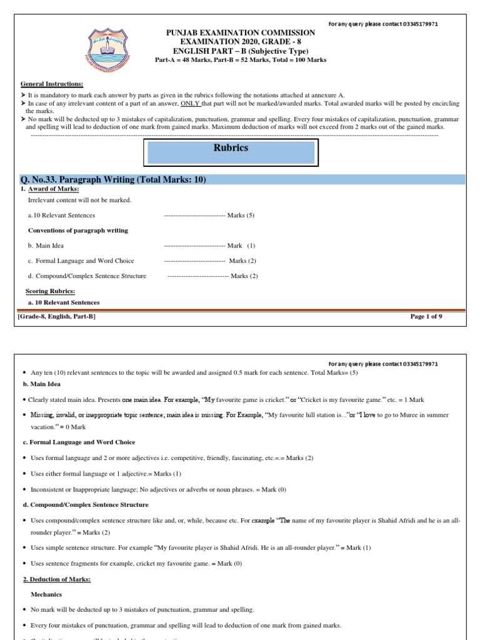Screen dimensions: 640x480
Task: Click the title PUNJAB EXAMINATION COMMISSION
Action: tap(240, 32)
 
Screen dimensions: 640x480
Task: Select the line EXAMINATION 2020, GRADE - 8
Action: tap(240, 41)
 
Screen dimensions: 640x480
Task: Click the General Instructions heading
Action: tap(52, 84)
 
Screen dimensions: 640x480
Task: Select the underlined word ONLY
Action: tap(189, 103)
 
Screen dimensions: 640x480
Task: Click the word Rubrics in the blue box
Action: tap(231, 148)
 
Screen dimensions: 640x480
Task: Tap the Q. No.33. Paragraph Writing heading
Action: tap(113, 180)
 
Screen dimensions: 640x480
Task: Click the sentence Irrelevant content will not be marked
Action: tap(80, 200)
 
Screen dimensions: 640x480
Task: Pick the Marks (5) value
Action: tap(241, 215)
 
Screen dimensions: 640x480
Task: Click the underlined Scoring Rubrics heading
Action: tap(50, 291)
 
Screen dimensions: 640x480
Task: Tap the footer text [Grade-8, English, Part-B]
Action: tap(57, 317)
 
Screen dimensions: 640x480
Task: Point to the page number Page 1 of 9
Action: tap(426, 317)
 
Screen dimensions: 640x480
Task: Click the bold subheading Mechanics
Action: tap(44, 594)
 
